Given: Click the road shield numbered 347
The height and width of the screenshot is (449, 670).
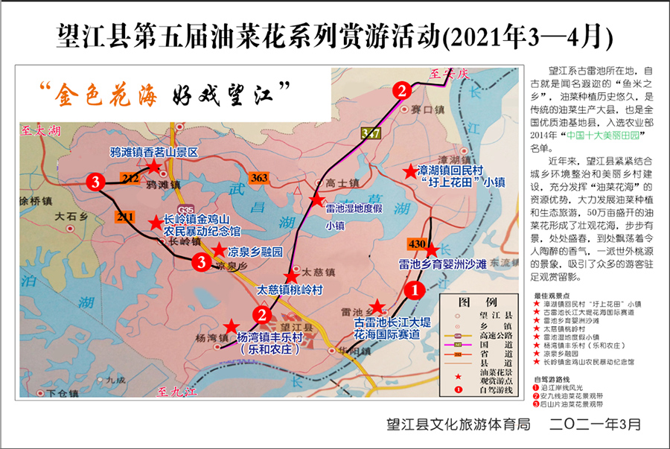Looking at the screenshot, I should point(369,133).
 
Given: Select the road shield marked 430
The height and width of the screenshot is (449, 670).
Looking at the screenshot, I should point(416,244).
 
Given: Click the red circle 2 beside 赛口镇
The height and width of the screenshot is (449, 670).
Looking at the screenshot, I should point(402,91).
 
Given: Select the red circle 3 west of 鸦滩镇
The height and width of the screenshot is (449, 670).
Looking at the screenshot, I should point(95,181).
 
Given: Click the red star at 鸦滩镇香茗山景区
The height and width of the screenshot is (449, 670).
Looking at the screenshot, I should point(153,167).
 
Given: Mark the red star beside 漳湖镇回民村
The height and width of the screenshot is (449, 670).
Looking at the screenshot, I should point(409,172).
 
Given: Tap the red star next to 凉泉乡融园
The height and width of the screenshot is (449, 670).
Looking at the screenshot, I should point(220,252).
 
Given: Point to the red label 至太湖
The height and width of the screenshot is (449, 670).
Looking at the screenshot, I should point(40,132).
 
